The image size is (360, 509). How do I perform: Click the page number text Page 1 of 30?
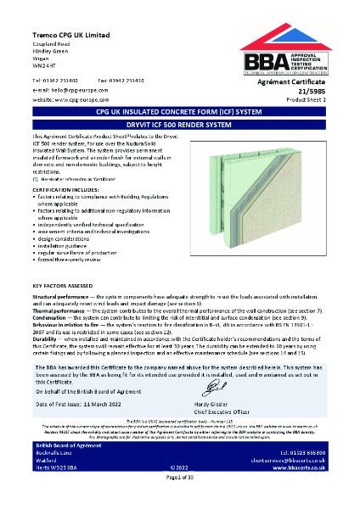point(179,502)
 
